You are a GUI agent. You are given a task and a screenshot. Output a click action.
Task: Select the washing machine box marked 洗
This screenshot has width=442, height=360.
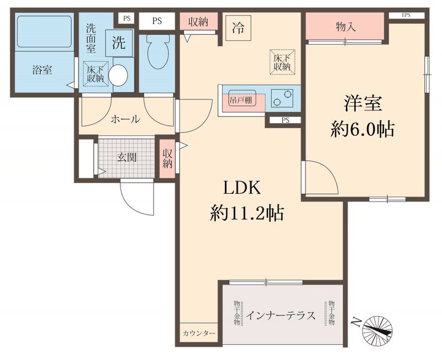(x=119, y=44)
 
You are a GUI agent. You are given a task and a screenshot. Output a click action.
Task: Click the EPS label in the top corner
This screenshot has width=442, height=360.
(x=406, y=15)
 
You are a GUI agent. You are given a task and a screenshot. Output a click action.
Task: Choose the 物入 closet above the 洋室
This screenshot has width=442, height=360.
(x=345, y=26)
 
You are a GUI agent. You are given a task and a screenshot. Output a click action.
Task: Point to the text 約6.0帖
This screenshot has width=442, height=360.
(x=362, y=129)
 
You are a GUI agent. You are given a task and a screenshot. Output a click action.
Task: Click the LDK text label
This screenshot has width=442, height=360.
(x=241, y=188)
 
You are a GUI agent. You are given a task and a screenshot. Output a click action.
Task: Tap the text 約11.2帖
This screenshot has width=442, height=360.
(x=246, y=213)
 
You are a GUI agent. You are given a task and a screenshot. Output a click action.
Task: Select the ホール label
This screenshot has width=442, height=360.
(x=125, y=119)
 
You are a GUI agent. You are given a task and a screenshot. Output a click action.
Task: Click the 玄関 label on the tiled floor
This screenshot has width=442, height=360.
(x=127, y=157)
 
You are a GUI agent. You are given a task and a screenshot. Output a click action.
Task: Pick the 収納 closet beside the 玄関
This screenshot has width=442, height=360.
(x=167, y=157)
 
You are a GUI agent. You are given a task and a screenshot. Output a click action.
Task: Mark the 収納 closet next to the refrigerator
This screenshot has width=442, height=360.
(x=198, y=22)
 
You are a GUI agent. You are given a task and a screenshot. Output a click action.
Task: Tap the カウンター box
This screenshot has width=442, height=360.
(x=198, y=333)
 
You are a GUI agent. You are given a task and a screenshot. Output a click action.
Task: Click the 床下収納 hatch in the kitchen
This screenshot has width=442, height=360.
(x=282, y=62)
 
